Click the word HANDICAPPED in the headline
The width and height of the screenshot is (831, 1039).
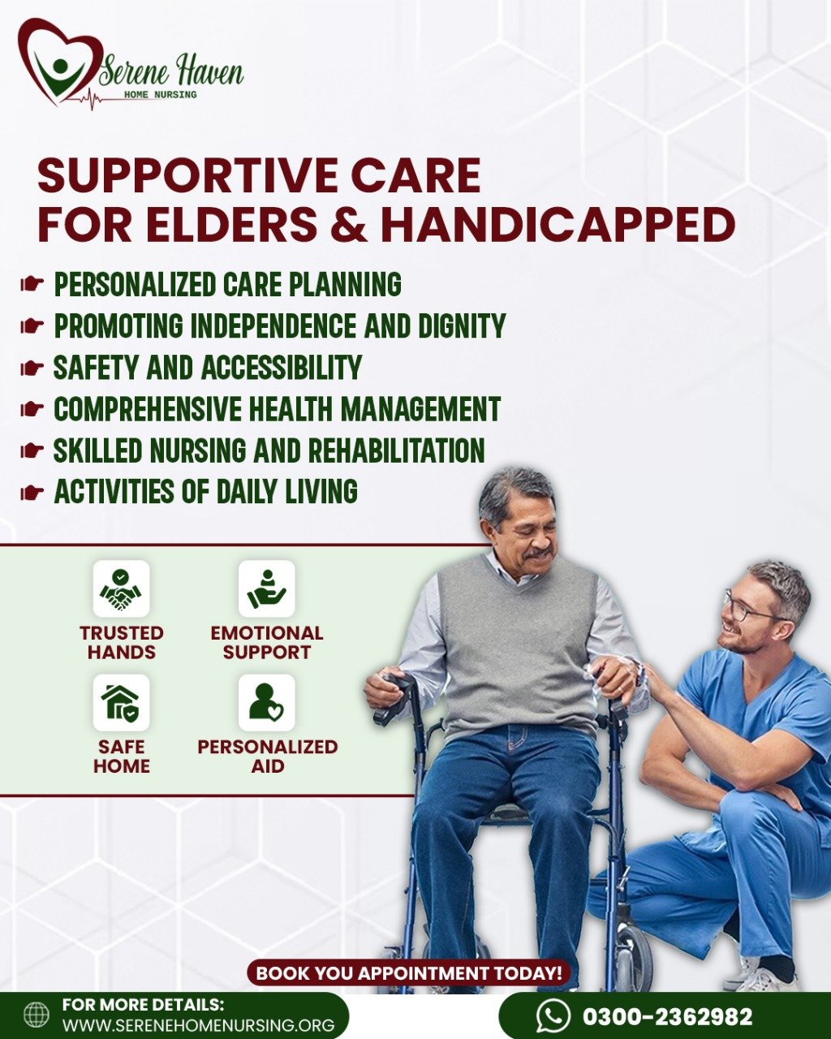(558, 225)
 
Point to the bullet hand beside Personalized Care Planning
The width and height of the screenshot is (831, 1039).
(32, 285)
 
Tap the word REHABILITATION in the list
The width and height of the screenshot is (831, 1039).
(396, 450)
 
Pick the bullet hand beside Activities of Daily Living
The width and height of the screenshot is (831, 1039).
(32, 493)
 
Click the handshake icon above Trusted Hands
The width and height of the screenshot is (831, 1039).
(121, 588)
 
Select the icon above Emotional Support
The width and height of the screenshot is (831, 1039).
(266, 588)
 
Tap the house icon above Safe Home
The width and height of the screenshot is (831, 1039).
(121, 703)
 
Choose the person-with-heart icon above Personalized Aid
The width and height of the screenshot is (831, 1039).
(266, 703)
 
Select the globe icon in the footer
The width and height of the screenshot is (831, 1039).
(37, 1015)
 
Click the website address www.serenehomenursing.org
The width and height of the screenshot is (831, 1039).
(199, 1024)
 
